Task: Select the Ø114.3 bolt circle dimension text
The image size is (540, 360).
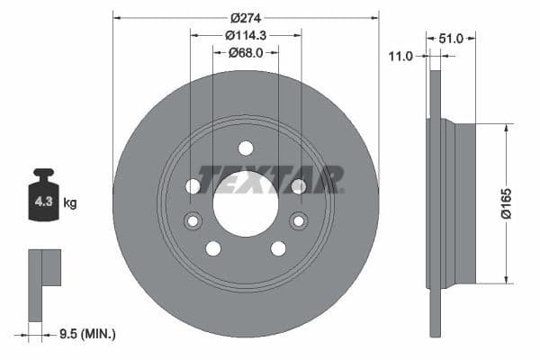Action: click(246, 35)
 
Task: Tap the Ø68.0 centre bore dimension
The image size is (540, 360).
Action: click(246, 52)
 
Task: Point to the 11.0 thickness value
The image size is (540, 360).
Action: click(400, 56)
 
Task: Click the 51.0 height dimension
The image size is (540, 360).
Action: click(451, 39)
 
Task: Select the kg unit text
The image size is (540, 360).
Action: click(69, 203)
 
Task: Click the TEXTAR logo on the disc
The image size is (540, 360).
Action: click(271, 180)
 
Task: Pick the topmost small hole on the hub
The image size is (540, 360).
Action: click(246, 148)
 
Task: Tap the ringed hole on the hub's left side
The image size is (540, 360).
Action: click(193, 220)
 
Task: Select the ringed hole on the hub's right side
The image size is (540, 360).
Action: click(298, 220)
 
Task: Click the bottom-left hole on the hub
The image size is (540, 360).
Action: click(213, 248)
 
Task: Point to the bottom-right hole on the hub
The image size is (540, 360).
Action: click(278, 248)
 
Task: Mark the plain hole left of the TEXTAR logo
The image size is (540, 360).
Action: click(193, 186)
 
